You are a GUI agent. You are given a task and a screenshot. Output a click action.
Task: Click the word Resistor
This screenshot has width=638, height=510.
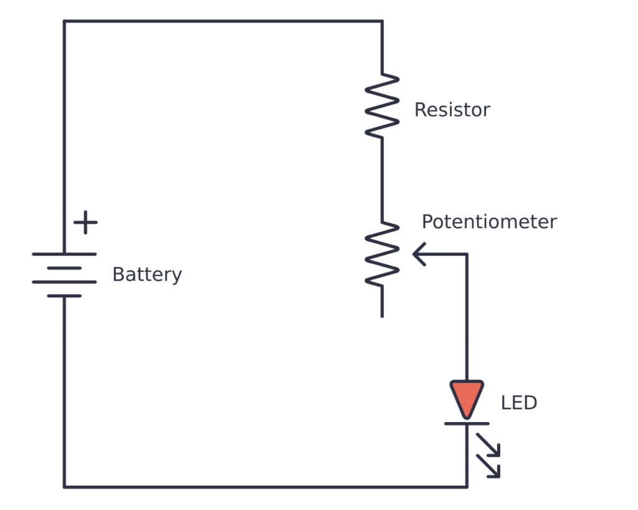[452, 110]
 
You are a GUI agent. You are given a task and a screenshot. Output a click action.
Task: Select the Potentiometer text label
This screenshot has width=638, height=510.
[489, 222]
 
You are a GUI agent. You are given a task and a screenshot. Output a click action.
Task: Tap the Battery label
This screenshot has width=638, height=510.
[147, 275]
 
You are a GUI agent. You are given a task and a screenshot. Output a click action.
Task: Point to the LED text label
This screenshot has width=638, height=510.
[518, 403]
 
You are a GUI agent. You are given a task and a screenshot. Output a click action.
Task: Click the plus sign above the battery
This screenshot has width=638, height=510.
[85, 223]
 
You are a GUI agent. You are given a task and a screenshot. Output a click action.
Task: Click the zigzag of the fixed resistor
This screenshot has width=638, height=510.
[382, 105]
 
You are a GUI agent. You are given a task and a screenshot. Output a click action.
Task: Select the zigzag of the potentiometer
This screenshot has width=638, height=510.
[382, 254]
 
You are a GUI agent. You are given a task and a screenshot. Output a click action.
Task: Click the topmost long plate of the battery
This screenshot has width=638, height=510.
[64, 254]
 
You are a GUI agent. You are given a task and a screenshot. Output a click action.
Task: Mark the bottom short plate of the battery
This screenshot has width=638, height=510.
[64, 296]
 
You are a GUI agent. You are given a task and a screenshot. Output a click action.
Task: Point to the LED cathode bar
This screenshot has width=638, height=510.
[467, 423]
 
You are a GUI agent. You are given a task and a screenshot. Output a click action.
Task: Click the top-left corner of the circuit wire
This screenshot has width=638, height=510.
[64, 21]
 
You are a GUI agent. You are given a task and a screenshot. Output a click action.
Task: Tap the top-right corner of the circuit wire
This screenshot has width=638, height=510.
[382, 21]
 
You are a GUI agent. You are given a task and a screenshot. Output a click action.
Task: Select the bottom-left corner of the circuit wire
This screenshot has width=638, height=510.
[64, 486]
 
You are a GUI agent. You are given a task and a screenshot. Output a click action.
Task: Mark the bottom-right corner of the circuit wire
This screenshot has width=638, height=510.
[467, 486]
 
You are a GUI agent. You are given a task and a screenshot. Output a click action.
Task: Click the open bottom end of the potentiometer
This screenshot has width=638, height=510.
[382, 315]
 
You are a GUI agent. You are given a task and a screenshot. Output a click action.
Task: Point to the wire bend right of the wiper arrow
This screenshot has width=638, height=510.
[467, 254]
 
